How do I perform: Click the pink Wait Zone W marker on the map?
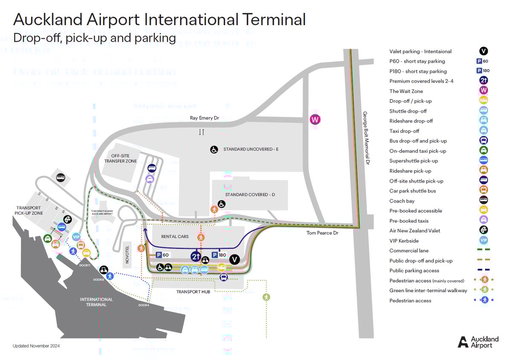point(315,119)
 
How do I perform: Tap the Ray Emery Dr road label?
point(204,118)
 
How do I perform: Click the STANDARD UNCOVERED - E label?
point(251,150)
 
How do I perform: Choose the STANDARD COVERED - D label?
point(250,195)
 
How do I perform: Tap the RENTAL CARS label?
point(175,236)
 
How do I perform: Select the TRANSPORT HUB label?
point(193,292)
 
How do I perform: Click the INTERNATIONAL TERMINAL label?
point(96,302)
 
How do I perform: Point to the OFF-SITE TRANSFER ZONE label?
point(121,158)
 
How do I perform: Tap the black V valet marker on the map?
point(234,259)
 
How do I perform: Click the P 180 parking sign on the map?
point(219,255)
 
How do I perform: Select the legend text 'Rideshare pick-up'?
point(410,171)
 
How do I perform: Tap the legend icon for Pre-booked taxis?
point(483,221)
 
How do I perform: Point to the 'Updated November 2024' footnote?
point(36,346)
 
